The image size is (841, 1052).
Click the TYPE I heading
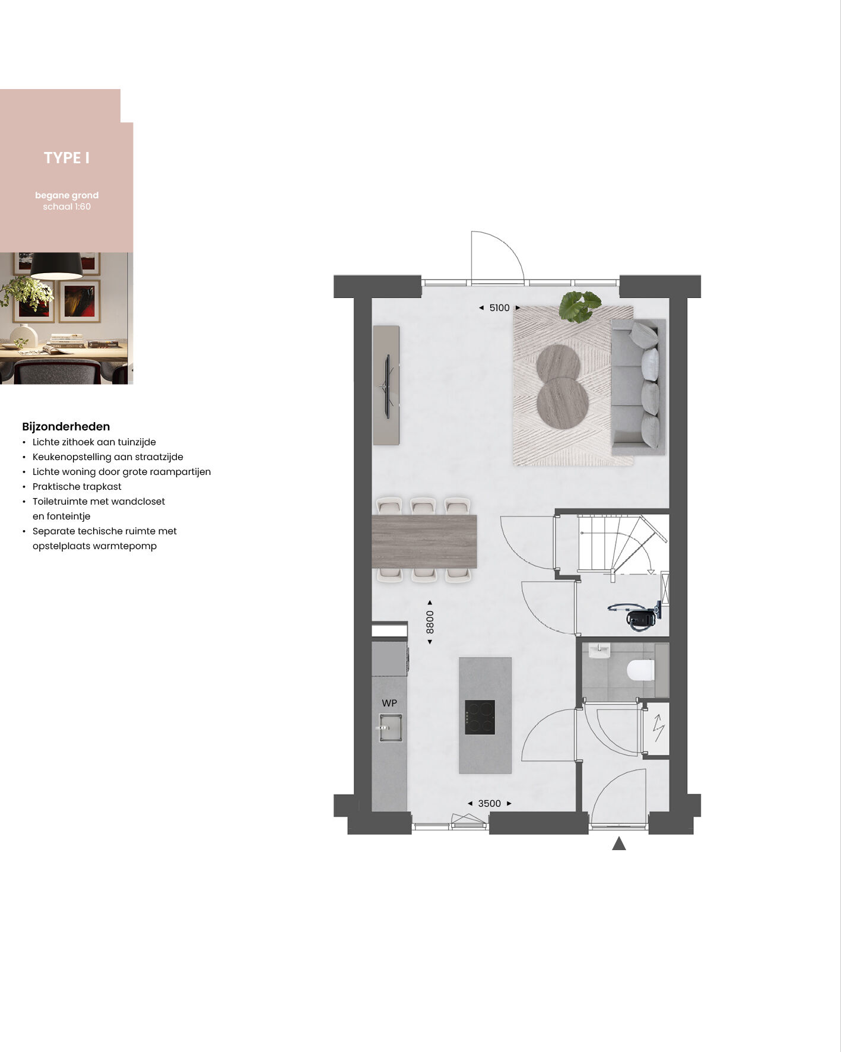point(66,158)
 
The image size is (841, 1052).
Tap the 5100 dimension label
point(499,308)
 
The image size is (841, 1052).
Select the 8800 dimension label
point(430,622)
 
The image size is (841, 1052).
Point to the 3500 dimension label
point(490,803)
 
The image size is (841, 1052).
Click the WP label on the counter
point(389,703)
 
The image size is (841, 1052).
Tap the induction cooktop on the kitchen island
point(480,717)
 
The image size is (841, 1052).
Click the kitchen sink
point(391,727)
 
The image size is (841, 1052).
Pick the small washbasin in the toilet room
point(599,651)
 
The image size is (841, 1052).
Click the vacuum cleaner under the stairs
point(636,616)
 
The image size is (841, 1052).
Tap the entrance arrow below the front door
point(619,843)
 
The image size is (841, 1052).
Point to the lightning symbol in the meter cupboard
point(658,728)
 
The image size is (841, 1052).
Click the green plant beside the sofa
point(580,306)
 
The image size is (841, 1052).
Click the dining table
point(424,541)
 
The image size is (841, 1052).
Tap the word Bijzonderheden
point(66,426)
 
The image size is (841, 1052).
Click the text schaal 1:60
point(66,207)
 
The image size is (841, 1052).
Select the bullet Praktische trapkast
point(77,486)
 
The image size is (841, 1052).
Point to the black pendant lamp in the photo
point(56,265)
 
